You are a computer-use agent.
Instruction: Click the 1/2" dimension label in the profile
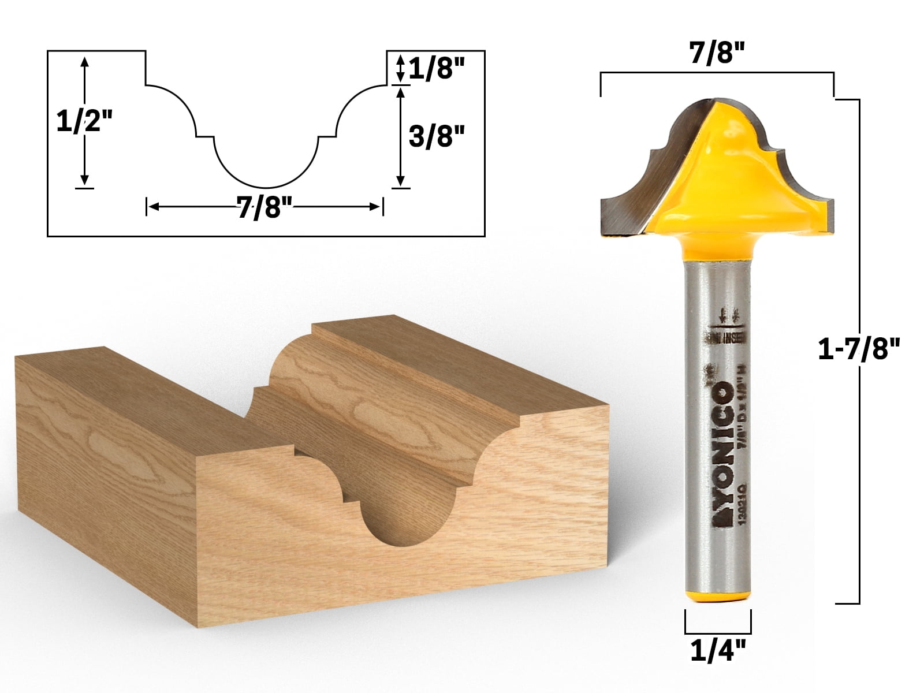click(84, 122)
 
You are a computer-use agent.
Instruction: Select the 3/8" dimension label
click(437, 137)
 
